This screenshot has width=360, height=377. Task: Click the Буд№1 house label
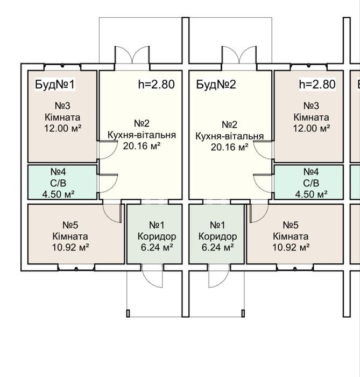(x=55, y=85)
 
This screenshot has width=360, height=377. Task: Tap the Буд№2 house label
(x=216, y=85)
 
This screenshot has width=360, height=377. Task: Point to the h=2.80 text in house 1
(x=157, y=84)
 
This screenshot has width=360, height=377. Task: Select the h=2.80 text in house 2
(x=317, y=84)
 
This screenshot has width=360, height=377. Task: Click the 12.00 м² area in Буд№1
(x=62, y=128)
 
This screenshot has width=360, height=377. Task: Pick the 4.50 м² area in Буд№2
(x=311, y=194)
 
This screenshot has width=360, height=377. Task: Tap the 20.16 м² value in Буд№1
(x=142, y=146)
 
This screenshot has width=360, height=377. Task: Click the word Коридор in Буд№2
(x=217, y=236)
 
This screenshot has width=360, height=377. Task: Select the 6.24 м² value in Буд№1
(x=157, y=247)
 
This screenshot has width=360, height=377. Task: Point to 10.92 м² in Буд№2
(x=291, y=247)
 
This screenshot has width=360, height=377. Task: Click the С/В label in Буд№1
(x=58, y=183)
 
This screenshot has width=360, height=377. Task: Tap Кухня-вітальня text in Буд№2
(x=230, y=136)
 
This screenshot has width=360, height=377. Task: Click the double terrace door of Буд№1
(x=132, y=55)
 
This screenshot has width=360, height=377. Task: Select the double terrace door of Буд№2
(x=239, y=55)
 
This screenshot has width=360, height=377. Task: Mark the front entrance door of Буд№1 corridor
(x=152, y=276)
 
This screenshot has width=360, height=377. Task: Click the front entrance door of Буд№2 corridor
(x=219, y=276)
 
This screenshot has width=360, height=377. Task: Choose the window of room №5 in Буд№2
(x=295, y=267)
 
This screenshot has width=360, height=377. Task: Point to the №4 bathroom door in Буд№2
(x=263, y=184)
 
